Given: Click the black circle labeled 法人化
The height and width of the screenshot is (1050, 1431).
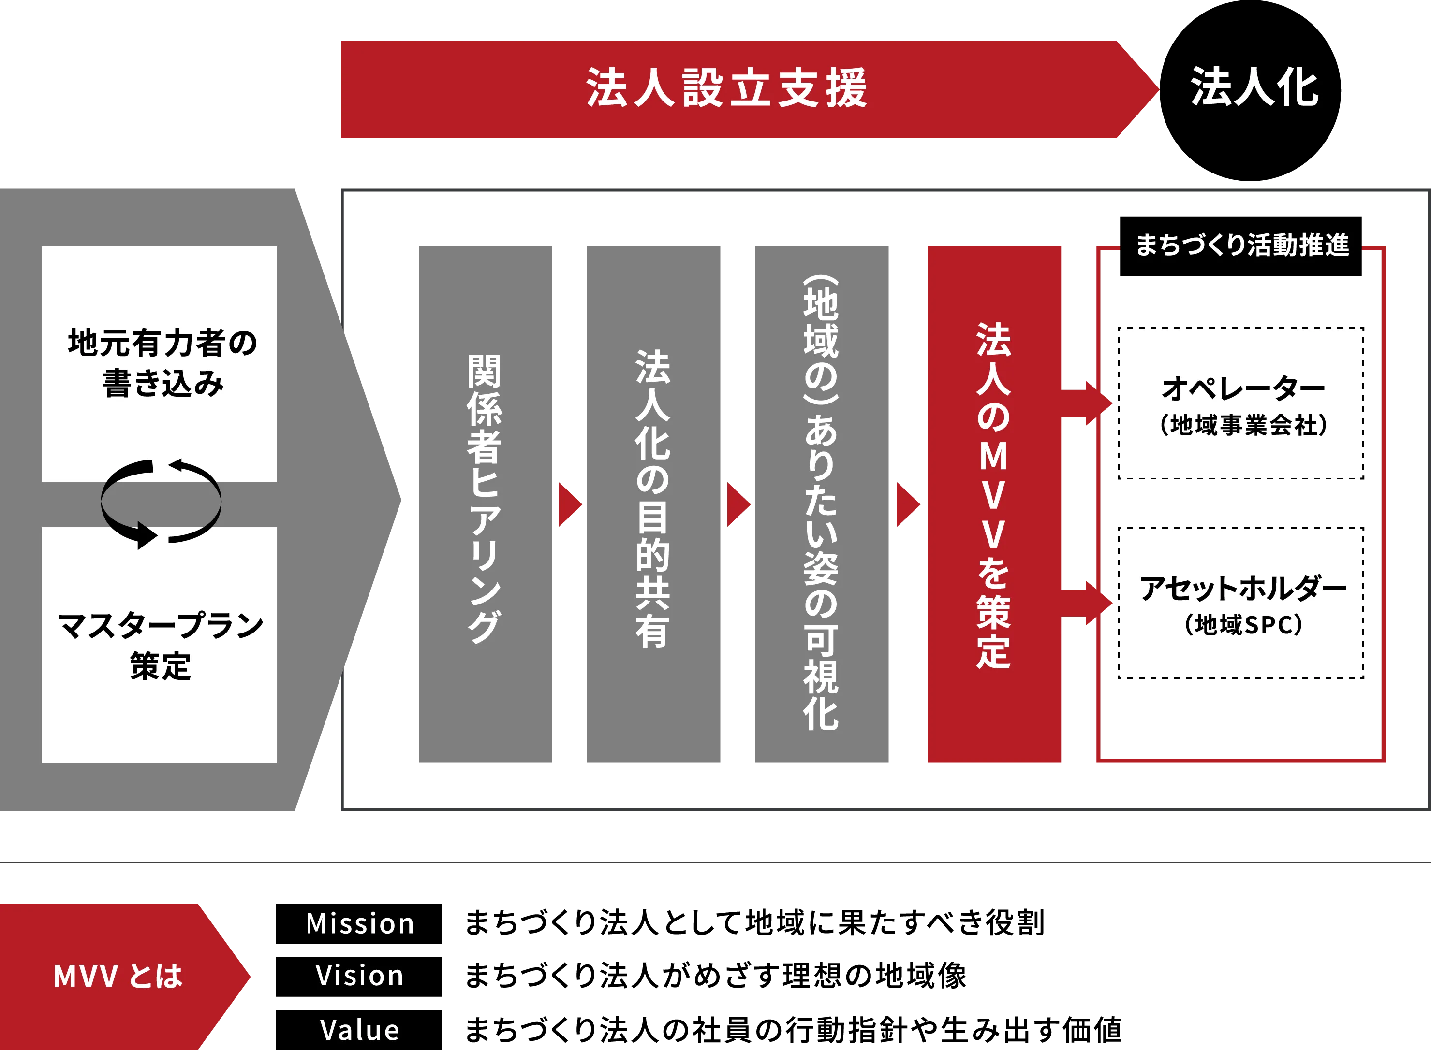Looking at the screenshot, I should click(1251, 90).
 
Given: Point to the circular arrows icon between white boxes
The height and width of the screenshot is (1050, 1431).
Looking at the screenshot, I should click(161, 503).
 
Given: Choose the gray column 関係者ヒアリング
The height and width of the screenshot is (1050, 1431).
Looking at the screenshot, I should click(485, 504).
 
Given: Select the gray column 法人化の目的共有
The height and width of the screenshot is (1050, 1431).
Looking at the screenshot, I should click(653, 504).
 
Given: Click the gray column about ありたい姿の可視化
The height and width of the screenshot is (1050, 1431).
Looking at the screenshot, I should click(821, 504).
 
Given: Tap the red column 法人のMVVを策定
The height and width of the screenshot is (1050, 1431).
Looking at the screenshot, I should click(993, 504).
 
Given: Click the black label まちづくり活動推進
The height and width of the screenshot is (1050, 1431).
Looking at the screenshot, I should click(1239, 246).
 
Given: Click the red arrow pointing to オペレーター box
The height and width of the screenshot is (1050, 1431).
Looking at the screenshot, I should click(1088, 403).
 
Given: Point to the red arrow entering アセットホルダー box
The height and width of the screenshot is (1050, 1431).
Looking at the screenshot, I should click(1088, 603).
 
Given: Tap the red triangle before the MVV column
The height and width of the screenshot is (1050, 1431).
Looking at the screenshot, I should click(906, 504).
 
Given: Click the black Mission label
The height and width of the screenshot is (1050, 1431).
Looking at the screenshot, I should click(359, 923).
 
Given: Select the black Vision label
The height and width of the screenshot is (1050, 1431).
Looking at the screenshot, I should click(359, 976).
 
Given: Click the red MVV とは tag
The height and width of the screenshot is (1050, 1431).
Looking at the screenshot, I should click(121, 976).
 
